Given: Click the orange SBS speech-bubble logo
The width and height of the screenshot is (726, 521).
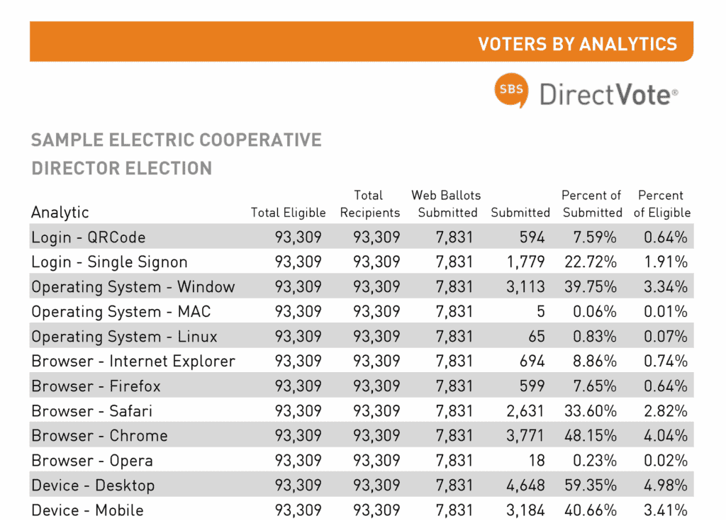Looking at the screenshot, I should [x=510, y=91].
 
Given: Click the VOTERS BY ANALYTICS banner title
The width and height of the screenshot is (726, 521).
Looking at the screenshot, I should [x=577, y=44].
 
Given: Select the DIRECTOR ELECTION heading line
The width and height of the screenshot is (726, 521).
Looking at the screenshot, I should [x=121, y=169].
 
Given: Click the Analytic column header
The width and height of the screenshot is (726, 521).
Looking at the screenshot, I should [x=60, y=212].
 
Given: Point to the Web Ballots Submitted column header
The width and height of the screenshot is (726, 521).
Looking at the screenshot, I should [x=446, y=203].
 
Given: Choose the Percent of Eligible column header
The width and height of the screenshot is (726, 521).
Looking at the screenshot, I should [x=661, y=203].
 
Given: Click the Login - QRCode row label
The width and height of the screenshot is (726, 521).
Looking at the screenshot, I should [x=88, y=237].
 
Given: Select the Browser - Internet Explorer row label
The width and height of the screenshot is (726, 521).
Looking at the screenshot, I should [x=133, y=362].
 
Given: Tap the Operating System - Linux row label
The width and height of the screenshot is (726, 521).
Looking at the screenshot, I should [x=124, y=337].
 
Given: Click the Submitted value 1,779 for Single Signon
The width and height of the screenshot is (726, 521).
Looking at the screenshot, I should [x=525, y=262].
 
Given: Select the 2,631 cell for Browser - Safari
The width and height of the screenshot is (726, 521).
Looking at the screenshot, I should [x=525, y=411].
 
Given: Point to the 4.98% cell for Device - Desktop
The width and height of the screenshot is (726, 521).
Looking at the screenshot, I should [x=666, y=486].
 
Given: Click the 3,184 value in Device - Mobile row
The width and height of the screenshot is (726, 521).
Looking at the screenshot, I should [x=525, y=510].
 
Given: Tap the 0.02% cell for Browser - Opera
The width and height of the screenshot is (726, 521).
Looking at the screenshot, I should [x=666, y=461].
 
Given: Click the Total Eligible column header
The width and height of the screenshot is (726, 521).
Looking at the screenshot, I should [x=288, y=213].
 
